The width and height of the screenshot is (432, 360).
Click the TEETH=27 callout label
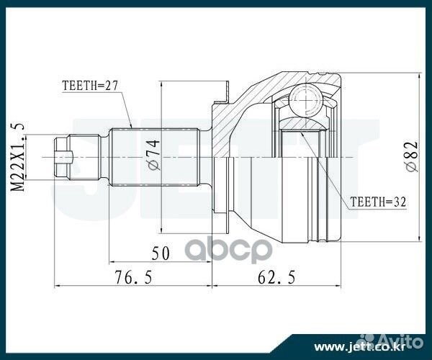[90, 84]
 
